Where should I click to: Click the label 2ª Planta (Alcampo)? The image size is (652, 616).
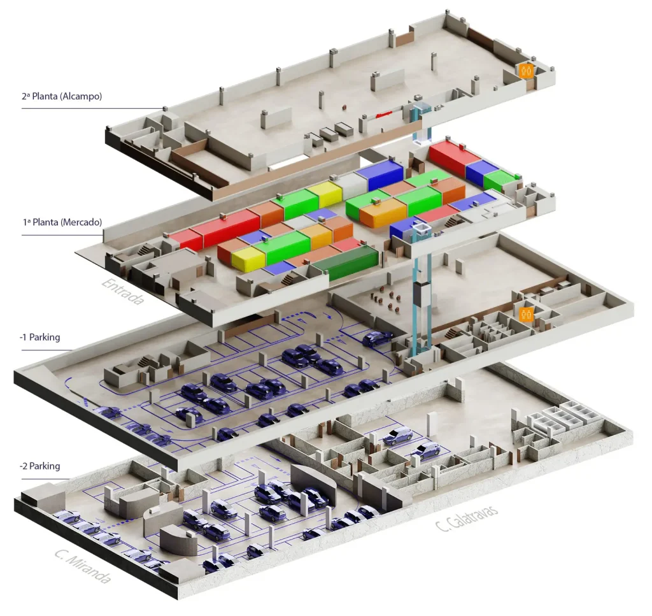tap(62, 96)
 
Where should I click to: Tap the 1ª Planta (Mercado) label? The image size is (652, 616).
tap(62, 222)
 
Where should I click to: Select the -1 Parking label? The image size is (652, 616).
tap(40, 337)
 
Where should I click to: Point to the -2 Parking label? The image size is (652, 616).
tap(40, 466)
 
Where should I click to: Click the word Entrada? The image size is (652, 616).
tap(123, 291)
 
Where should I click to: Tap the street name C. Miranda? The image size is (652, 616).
tap(83, 566)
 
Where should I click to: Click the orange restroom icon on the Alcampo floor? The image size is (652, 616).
tap(527, 70)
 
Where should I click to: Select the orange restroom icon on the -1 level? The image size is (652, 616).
tap(527, 315)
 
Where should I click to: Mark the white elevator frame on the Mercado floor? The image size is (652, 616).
tap(421, 229)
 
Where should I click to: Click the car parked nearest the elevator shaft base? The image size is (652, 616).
tap(377, 338)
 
